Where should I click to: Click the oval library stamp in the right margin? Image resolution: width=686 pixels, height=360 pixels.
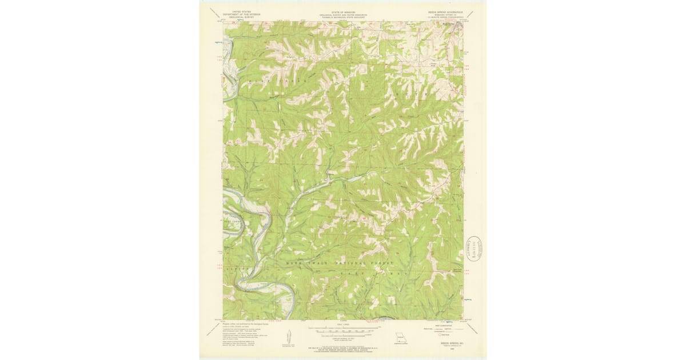pos(473,249)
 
